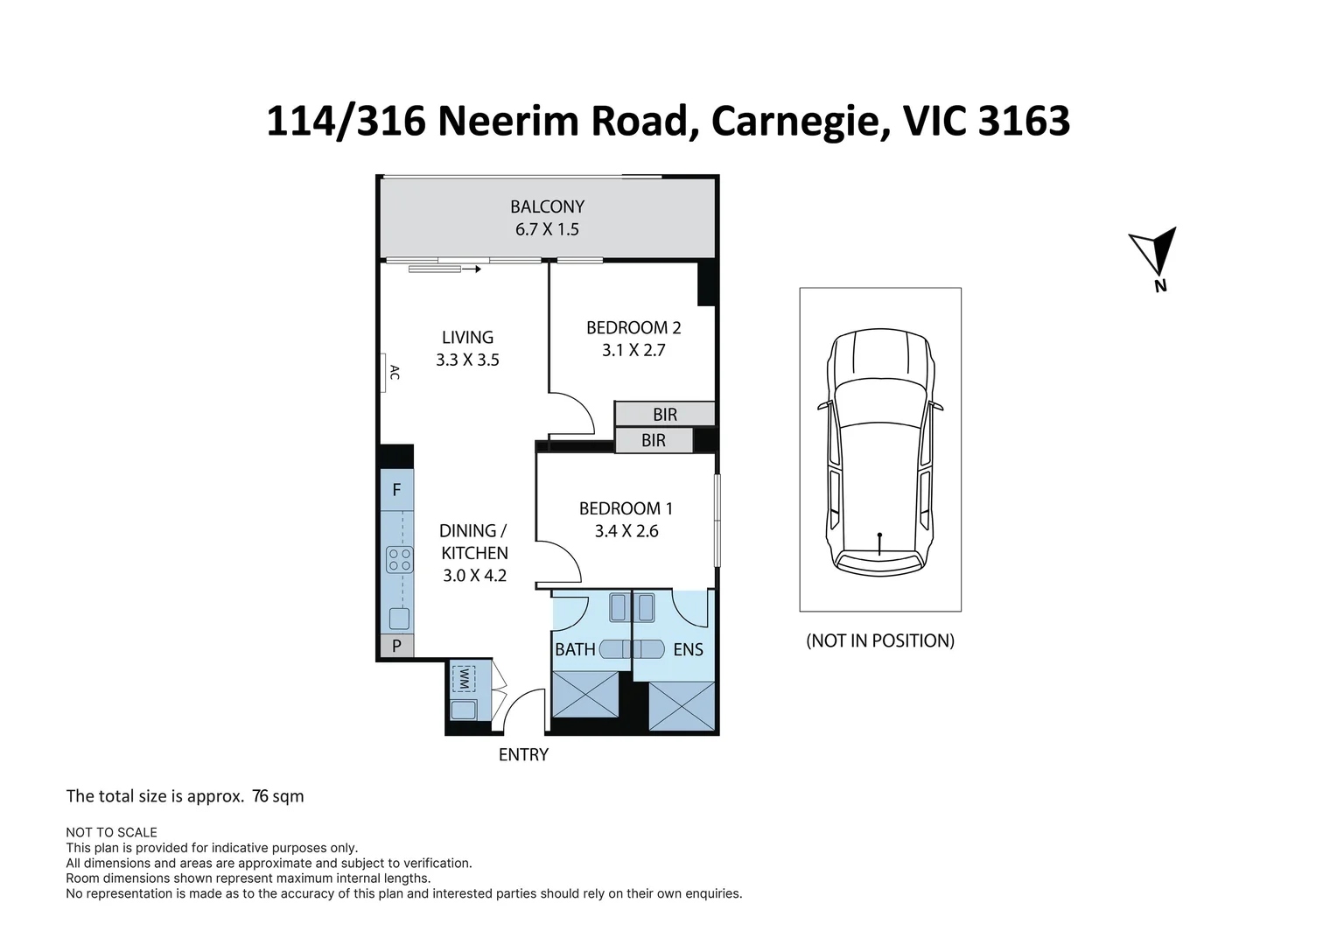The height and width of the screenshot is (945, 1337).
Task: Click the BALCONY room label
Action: click(x=547, y=206)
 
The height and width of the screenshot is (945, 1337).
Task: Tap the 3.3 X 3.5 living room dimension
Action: click(x=467, y=360)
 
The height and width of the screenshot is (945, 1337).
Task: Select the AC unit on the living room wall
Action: click(x=386, y=372)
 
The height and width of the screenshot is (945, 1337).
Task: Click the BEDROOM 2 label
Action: click(x=633, y=327)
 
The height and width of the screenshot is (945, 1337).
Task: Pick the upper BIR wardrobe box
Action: click(x=665, y=414)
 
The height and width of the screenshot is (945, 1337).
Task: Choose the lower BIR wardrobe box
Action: click(x=654, y=440)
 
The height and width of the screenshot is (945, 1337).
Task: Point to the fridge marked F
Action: click(x=396, y=490)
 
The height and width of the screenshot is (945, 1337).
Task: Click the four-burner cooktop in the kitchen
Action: click(x=399, y=559)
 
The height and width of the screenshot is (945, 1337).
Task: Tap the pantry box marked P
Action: click(x=396, y=646)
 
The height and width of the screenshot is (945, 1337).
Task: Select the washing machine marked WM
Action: click(x=463, y=677)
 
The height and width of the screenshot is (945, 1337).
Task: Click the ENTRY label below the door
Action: click(x=523, y=754)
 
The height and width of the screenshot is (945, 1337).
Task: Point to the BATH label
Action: click(x=575, y=649)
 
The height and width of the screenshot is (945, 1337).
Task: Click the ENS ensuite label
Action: click(x=688, y=649)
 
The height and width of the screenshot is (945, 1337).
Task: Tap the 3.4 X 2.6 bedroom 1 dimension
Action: click(x=626, y=531)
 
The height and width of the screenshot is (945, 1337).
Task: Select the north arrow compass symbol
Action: click(x=1156, y=252)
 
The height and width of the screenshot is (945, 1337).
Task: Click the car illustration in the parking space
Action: click(x=879, y=451)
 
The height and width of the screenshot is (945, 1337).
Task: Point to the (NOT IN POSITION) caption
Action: click(x=879, y=640)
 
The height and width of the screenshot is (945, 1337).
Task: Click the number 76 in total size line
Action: click(x=260, y=796)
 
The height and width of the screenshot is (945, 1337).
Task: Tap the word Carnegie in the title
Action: click(x=794, y=121)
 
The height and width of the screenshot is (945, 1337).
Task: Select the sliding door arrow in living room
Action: click(x=444, y=269)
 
